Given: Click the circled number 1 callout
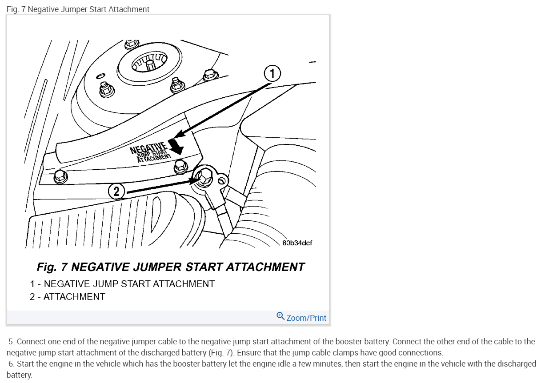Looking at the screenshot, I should tap(272, 73).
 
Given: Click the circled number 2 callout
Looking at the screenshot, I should tap(116, 191).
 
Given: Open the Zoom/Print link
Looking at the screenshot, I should tap(306, 318).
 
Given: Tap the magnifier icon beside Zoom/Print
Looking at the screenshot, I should tap(281, 316).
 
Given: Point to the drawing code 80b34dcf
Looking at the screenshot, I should tap(297, 243).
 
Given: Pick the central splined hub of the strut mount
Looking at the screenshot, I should tap(149, 63).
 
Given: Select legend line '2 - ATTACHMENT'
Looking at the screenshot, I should tap(68, 296).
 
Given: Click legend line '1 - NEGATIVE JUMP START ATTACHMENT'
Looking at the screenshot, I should tap(122, 283).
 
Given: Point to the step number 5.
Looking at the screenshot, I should tap(11, 342).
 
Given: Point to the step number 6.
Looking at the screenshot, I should tap(11, 364).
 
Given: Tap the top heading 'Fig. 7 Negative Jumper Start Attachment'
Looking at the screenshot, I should tap(78, 9).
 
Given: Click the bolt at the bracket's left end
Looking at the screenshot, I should tap(60, 177).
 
